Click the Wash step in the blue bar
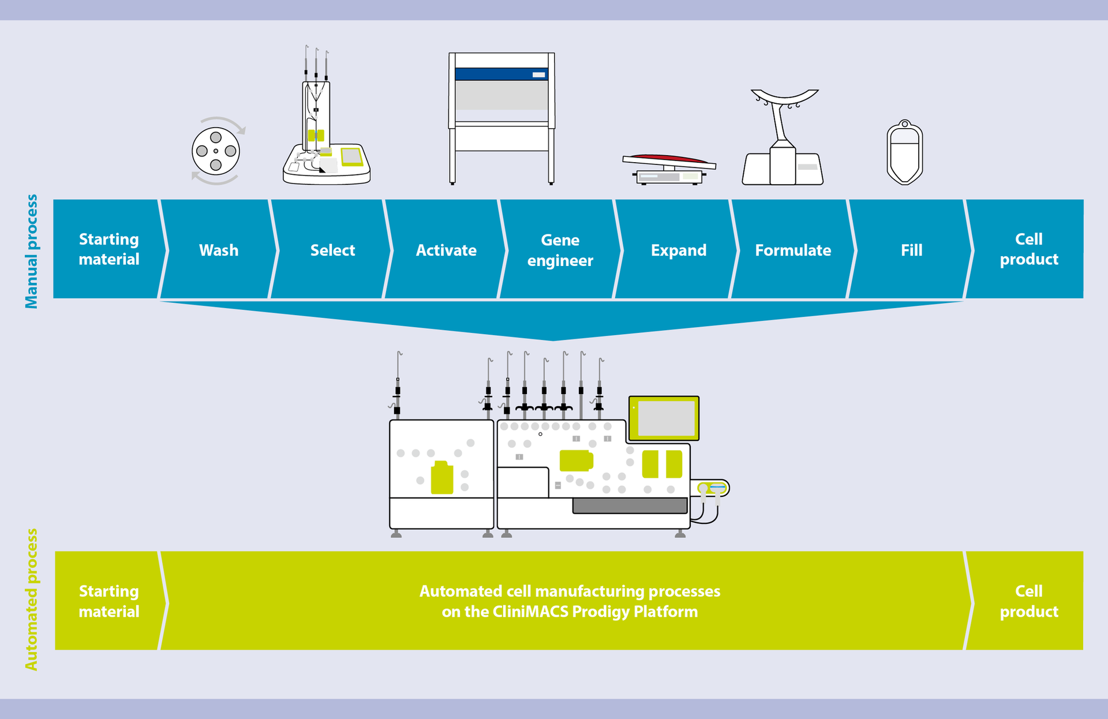tap(219, 250)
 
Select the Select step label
tap(332, 250)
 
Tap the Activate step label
tap(446, 250)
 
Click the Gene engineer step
tap(560, 250)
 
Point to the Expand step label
tap(679, 250)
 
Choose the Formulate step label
tap(793, 250)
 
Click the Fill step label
tap(911, 250)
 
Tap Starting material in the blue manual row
tap(108, 249)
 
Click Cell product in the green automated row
tap(1028, 601)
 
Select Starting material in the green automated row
tap(108, 601)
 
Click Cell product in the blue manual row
tap(1028, 249)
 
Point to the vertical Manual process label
tap(31, 252)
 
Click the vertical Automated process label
tap(31, 600)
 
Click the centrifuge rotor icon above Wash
tap(216, 151)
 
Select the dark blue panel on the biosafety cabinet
tap(501, 74)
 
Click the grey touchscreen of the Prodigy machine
tap(666, 418)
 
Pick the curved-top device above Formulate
tap(783, 138)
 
